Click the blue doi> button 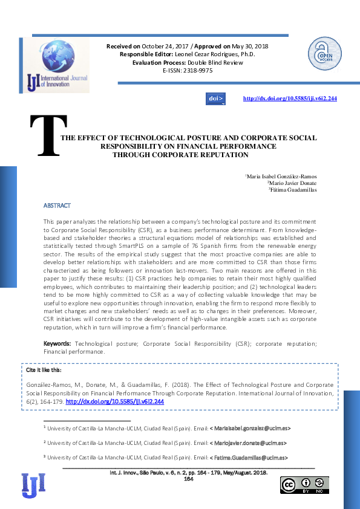click(216, 99)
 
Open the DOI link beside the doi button click(290, 99)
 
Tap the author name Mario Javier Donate click(292, 183)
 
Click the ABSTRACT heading click(57, 206)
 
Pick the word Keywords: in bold click(57, 343)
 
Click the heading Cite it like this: click(44, 370)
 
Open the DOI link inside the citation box click(115, 401)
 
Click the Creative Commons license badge click(304, 485)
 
